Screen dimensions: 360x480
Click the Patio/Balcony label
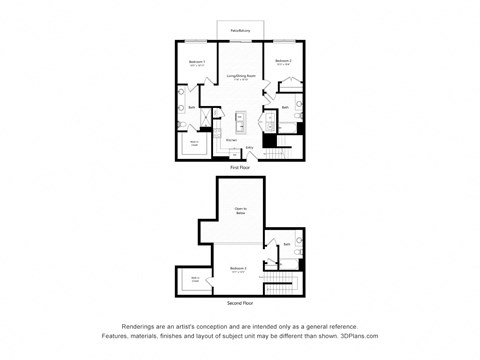tap(240, 31)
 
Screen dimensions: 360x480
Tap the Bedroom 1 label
tap(197, 63)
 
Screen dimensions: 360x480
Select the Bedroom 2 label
tap(283, 63)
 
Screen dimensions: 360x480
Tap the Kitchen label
tap(230, 140)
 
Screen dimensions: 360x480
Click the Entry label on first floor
tap(249, 147)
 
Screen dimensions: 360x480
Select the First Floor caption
tap(240, 167)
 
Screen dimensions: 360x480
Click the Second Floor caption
tap(240, 302)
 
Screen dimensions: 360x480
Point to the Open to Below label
tap(240, 211)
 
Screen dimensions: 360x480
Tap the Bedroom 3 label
tap(239, 269)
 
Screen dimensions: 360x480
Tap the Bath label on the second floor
tap(286, 244)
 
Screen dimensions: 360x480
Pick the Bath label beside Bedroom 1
tap(191, 107)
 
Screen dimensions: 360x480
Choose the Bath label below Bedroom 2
tap(285, 107)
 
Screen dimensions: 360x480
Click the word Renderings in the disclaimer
tap(142, 326)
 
